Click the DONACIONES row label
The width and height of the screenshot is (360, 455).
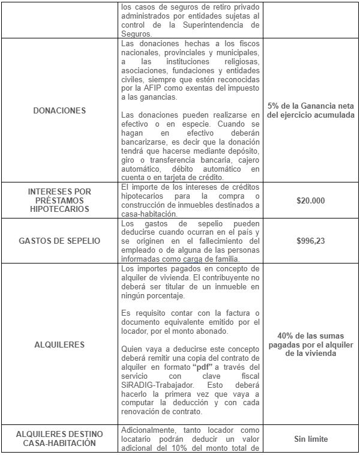[x=60, y=110]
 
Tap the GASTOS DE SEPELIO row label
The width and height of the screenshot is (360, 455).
[x=60, y=240]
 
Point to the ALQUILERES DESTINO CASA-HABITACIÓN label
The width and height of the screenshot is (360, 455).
[x=60, y=438]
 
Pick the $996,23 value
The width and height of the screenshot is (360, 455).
[x=311, y=240]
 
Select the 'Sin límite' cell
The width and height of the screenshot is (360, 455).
[x=311, y=439]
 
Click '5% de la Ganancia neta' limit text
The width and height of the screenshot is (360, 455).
[x=311, y=106]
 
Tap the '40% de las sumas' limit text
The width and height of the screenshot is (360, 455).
[x=311, y=336]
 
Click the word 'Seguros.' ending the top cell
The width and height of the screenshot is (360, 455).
[x=137, y=34]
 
